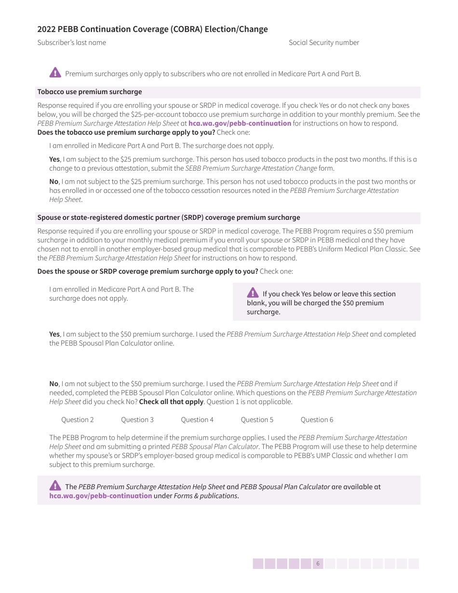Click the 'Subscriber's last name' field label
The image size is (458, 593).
coord(72,42)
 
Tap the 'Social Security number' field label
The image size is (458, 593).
coord(323,42)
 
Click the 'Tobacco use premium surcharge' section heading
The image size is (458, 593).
coord(90,92)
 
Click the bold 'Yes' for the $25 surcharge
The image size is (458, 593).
coord(54,159)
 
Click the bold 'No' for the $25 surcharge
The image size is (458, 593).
coord(54,181)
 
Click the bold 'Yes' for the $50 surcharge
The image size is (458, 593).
coord(54,334)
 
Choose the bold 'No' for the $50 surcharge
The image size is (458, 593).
coord(54,384)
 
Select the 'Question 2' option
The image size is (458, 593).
coord(78,419)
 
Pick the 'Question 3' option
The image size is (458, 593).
coord(137,419)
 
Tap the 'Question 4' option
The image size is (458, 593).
coord(197,419)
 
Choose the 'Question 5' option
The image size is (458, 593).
coord(257,419)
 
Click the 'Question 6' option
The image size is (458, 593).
coord(317,419)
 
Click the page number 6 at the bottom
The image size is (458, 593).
coord(318,564)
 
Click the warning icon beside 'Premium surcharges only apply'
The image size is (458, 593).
coord(55,73)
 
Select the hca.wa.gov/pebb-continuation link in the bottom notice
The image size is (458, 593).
coord(101,496)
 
